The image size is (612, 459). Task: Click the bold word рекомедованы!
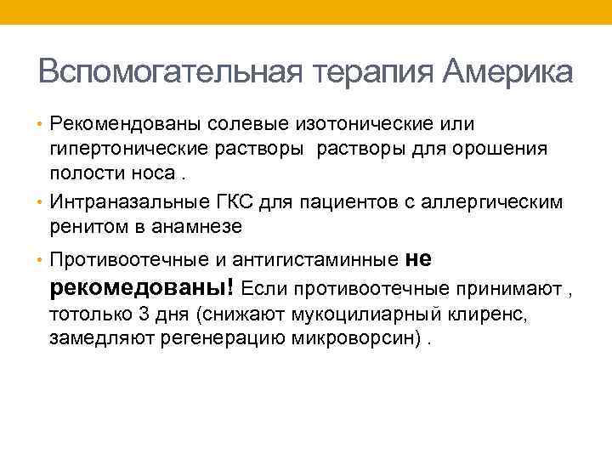(x=144, y=286)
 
